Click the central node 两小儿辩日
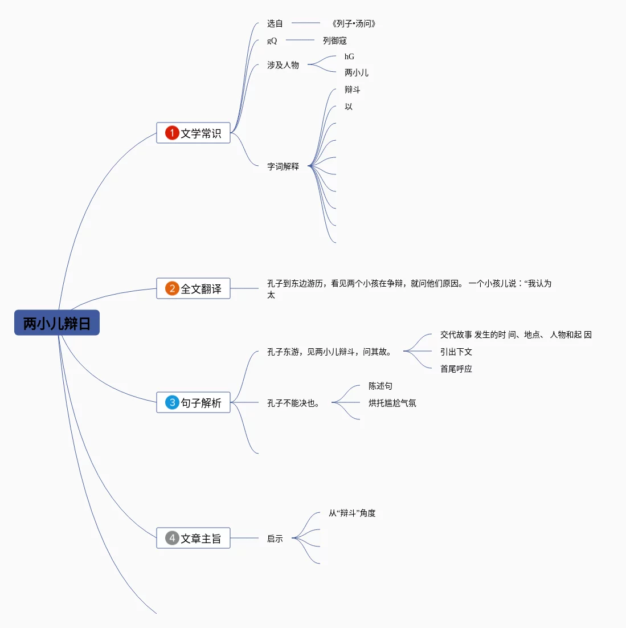click(57, 323)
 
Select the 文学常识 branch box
click(193, 133)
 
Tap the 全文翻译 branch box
click(193, 288)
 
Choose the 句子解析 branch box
click(193, 402)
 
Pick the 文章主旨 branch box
click(193, 538)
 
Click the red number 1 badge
click(172, 133)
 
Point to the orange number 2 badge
click(172, 288)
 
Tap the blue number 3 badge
click(172, 402)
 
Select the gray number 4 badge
click(172, 538)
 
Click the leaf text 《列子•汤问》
click(353, 23)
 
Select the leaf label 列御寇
click(334, 40)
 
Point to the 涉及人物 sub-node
click(283, 65)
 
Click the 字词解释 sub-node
click(283, 166)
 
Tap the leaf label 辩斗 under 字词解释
click(352, 89)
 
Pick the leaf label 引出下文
click(456, 352)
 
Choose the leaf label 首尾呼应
click(456, 369)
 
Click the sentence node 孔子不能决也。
click(294, 403)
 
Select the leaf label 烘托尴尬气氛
click(392, 403)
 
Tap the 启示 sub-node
click(275, 539)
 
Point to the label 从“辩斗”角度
click(351, 513)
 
